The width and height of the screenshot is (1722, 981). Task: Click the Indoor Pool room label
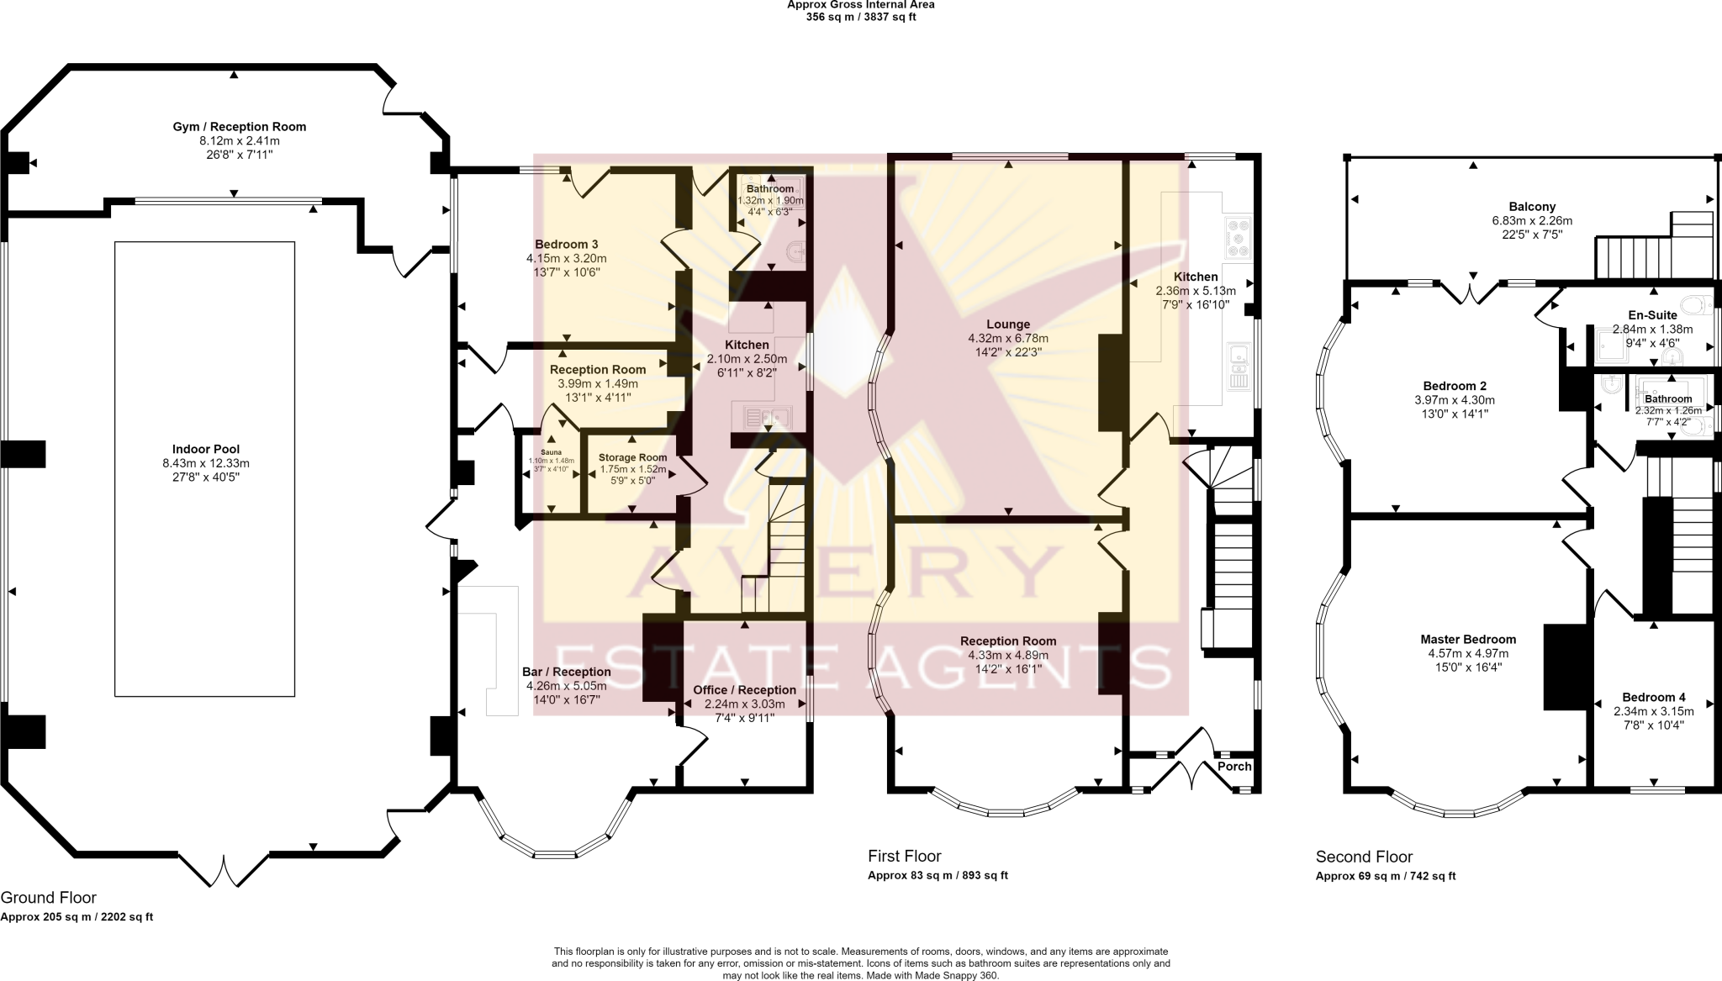click(x=206, y=450)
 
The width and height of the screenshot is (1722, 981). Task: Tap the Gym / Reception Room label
click(x=240, y=127)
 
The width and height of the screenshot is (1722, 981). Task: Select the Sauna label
click(x=552, y=452)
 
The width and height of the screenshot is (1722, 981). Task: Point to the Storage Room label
click(x=633, y=458)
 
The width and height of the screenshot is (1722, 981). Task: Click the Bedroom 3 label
click(x=567, y=245)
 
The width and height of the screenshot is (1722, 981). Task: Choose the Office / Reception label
click(x=744, y=690)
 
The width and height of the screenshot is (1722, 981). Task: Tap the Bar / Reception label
click(x=567, y=672)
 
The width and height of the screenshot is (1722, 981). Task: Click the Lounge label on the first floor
click(x=1008, y=324)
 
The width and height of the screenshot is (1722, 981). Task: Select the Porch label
click(x=1234, y=767)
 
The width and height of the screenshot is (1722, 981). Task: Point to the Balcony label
click(x=1532, y=207)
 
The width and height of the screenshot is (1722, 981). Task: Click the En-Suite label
click(x=1652, y=315)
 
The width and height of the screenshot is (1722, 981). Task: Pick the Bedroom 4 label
click(x=1654, y=697)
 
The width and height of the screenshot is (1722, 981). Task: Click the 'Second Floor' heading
click(x=1364, y=857)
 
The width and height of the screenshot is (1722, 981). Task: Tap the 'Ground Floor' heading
click(x=49, y=898)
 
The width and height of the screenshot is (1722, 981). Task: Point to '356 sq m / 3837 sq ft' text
click(x=861, y=17)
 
